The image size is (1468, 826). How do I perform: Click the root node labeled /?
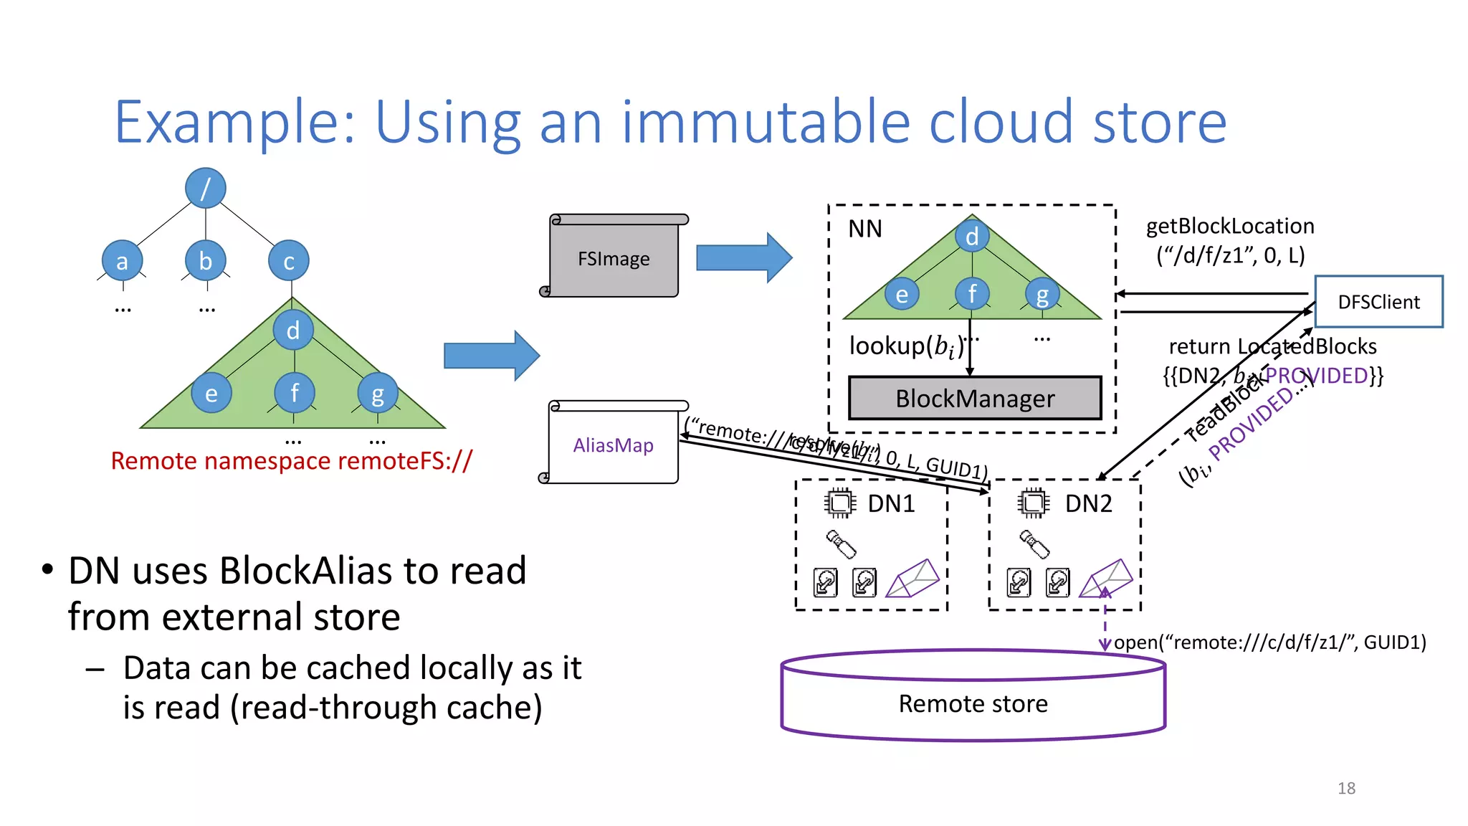tap(206, 189)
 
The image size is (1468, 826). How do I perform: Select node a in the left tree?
tap(122, 262)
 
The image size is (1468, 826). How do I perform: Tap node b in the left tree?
tap(206, 261)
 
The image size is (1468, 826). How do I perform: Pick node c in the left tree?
tap(289, 262)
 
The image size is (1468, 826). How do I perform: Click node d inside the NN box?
tap(972, 236)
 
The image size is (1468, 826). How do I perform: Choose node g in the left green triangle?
tap(378, 393)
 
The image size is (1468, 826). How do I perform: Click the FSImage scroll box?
tap(614, 258)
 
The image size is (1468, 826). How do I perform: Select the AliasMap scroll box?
tap(613, 445)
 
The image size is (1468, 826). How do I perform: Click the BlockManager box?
tap(975, 399)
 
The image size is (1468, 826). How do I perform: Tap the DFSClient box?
tap(1378, 302)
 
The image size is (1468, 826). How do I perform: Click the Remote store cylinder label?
tap(973, 704)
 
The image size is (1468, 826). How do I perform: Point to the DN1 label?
tap(891, 504)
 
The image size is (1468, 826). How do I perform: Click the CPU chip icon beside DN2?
tap(1033, 503)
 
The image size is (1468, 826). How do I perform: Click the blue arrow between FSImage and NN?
tap(743, 257)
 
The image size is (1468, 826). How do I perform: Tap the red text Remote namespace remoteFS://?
tap(291, 461)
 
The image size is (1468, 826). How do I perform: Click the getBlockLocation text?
tap(1230, 227)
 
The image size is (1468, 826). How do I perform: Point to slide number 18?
tap(1346, 789)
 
